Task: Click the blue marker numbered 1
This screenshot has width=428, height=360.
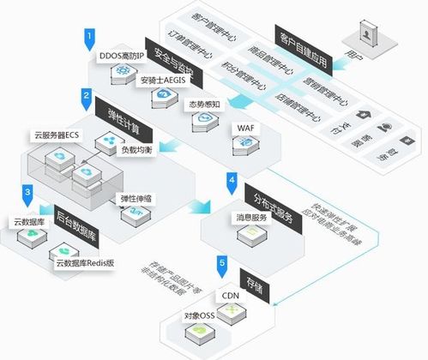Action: [89, 36]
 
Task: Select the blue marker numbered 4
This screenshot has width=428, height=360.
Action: [232, 181]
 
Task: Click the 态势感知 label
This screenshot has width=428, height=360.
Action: [205, 105]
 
